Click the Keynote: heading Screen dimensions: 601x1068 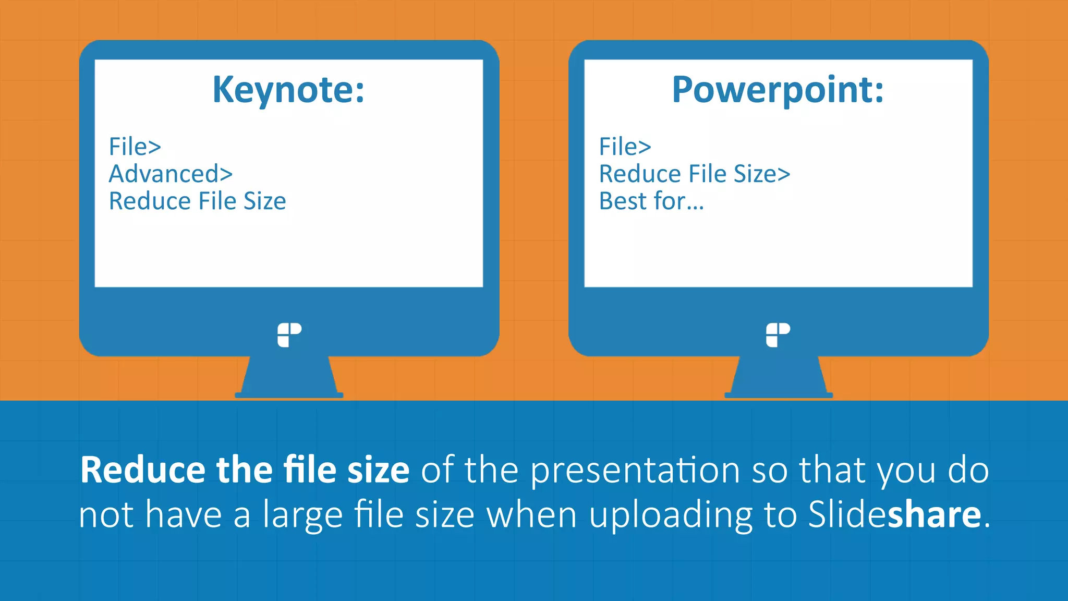click(x=288, y=90)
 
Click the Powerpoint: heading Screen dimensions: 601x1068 click(x=778, y=90)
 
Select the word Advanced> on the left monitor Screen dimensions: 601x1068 click(x=171, y=174)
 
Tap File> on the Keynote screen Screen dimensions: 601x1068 click(x=135, y=147)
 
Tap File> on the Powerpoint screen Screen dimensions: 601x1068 click(x=625, y=147)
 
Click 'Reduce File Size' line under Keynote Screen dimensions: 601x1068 click(x=197, y=201)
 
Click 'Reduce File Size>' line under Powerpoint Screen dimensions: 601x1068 click(x=694, y=174)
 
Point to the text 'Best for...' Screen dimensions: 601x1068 click(x=651, y=201)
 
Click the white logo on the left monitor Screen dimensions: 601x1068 click(x=289, y=334)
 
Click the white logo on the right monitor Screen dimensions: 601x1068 click(x=778, y=334)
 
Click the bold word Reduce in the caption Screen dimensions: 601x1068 click(x=142, y=470)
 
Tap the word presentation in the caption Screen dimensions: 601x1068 click(x=635, y=471)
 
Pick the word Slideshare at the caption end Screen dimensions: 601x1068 click(x=894, y=515)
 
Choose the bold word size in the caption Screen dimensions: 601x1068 click(x=378, y=470)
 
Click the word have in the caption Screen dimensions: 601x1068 click(x=184, y=515)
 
